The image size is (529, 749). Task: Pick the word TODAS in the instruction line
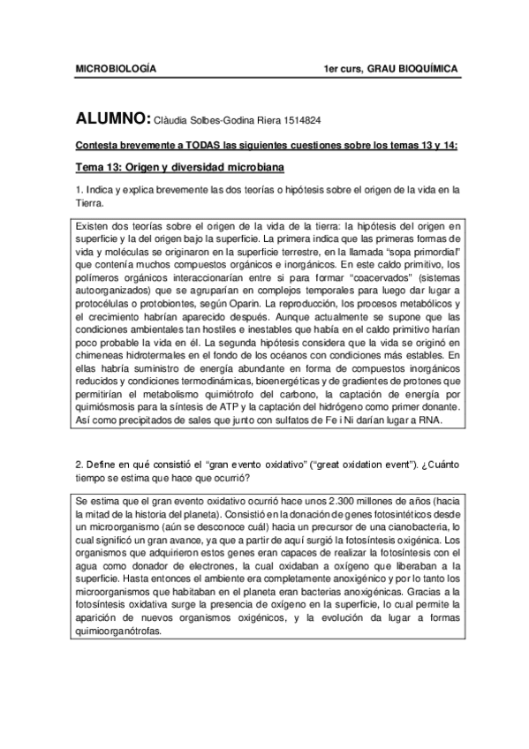coord(206,146)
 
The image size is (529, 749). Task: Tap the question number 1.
coord(79,190)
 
